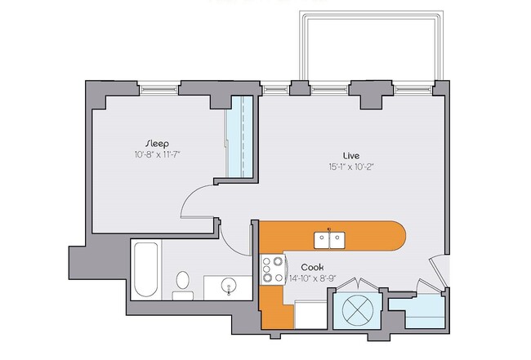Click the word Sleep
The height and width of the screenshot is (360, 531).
(x=158, y=143)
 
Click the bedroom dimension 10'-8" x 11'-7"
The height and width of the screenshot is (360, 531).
(x=158, y=154)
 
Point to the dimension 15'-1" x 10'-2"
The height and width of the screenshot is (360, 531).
(x=352, y=167)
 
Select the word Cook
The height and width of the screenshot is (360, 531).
(x=311, y=267)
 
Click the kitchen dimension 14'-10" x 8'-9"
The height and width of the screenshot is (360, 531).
(x=311, y=278)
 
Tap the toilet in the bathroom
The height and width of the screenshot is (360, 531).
(x=183, y=282)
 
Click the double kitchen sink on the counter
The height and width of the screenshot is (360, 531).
(x=329, y=240)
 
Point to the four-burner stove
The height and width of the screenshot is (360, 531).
(x=272, y=269)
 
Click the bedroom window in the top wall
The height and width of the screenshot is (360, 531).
(x=158, y=85)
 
